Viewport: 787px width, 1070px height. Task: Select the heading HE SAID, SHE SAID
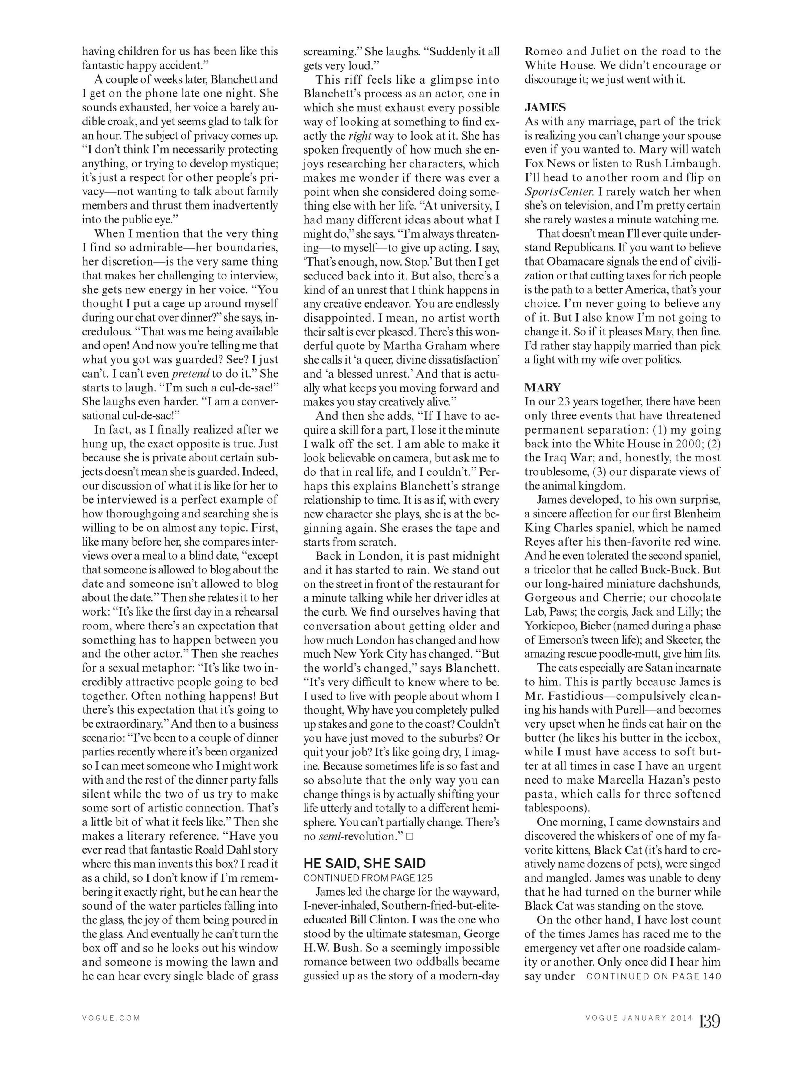point(364,863)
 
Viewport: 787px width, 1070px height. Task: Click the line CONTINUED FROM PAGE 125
point(368,877)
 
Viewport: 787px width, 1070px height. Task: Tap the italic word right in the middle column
point(360,136)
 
